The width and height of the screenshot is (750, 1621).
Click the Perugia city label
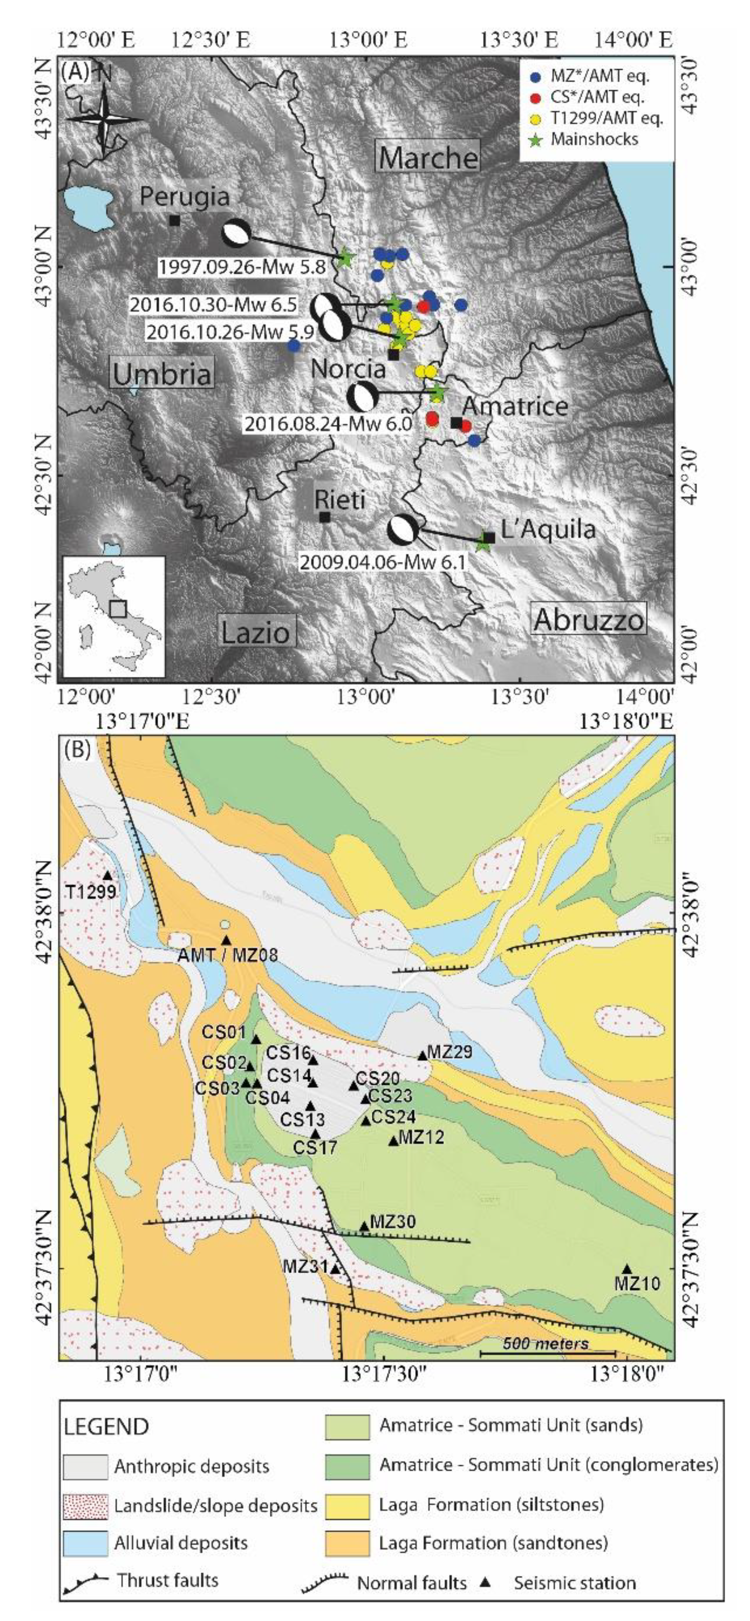[x=184, y=197]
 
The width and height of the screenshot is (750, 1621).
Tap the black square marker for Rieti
[x=324, y=517]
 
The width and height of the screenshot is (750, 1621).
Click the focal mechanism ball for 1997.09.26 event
[x=236, y=233]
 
